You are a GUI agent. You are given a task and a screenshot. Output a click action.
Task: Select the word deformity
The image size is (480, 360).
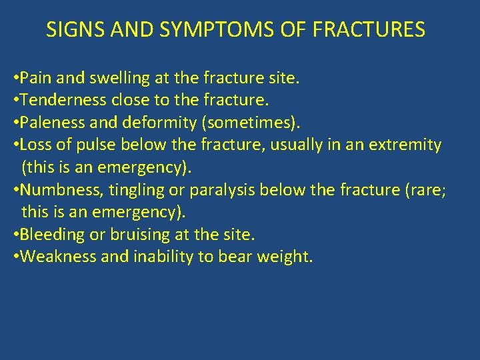[146, 123]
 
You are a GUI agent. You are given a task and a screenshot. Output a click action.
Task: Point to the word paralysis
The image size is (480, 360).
[223, 190]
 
